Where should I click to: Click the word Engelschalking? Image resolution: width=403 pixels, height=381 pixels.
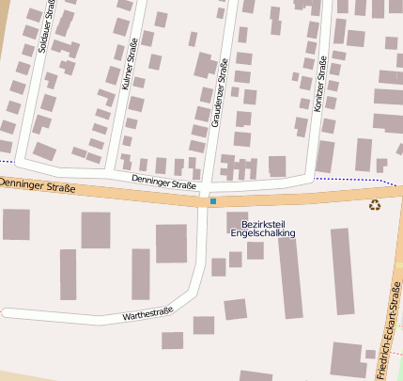[262, 233]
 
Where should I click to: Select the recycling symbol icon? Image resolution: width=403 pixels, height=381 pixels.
[375, 204]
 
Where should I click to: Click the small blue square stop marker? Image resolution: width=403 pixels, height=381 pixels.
[213, 201]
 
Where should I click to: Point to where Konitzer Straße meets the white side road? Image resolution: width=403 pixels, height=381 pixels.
[312, 176]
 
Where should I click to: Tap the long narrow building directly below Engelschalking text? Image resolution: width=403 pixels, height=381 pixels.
[290, 277]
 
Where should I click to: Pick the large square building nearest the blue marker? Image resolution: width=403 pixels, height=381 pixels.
[171, 244]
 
